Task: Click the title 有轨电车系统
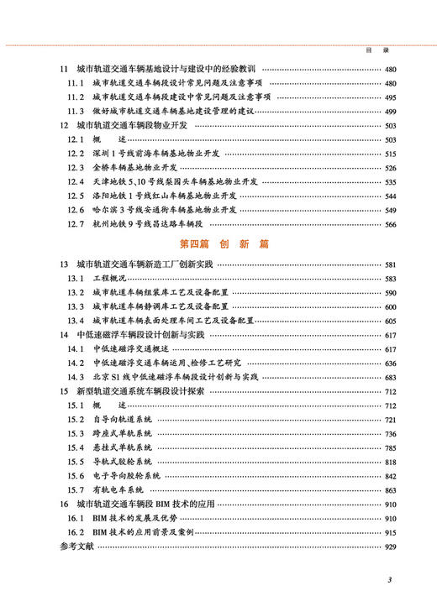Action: (x=118, y=489)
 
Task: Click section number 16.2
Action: (x=76, y=533)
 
